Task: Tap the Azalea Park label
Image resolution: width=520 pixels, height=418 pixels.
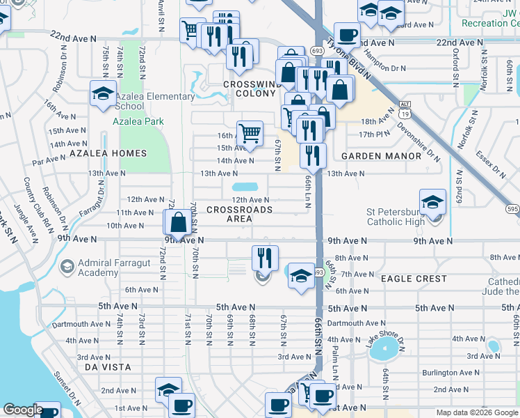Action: coord(138,121)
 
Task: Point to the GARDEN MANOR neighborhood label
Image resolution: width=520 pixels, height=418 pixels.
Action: coord(381,156)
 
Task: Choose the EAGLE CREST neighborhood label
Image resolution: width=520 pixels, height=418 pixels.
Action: coord(414,279)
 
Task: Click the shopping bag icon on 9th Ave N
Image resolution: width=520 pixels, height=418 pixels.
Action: coord(179,224)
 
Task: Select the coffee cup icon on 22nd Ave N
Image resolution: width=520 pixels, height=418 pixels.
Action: coord(347,34)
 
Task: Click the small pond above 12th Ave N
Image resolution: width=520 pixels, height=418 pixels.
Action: coord(244,187)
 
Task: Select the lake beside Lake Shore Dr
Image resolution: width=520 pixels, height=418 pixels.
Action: coord(387,350)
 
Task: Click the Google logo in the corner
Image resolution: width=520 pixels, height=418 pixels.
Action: coord(23,410)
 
